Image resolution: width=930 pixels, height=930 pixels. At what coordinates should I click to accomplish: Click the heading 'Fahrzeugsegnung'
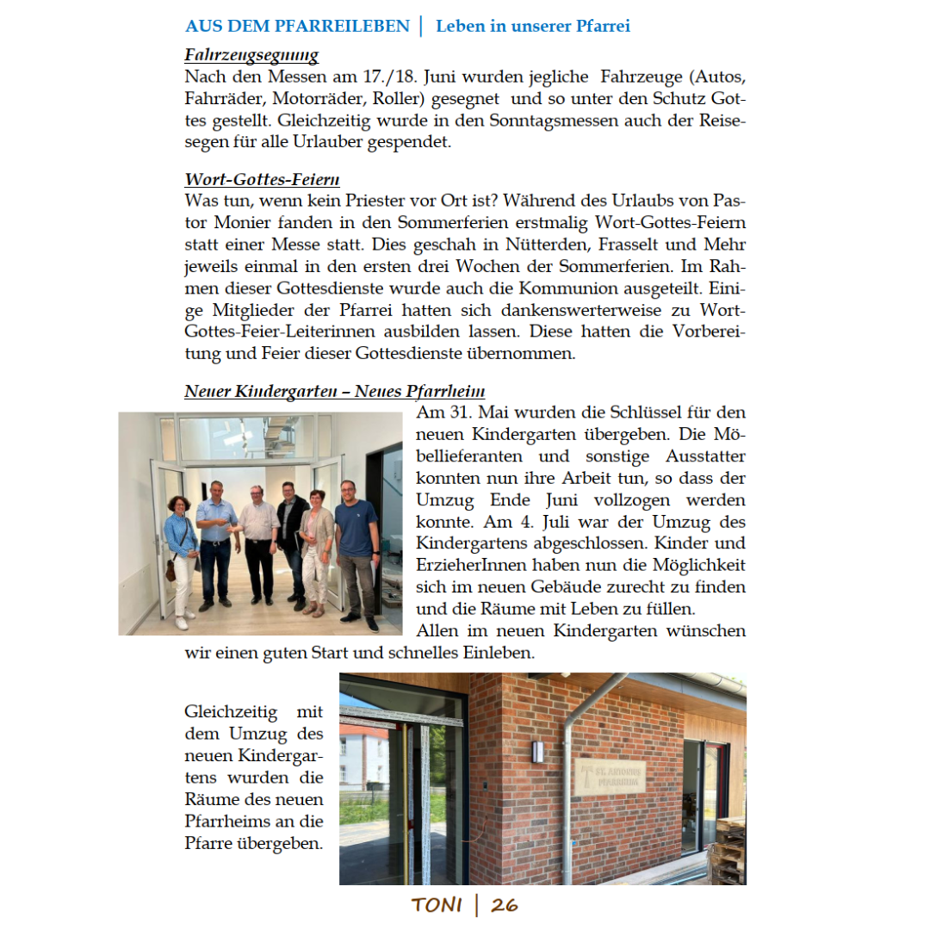251,56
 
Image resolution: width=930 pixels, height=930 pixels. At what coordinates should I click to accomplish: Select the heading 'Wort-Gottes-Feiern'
262,180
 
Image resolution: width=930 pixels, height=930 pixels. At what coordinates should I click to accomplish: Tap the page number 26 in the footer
505,905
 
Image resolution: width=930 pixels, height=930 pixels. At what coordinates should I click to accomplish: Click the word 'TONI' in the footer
437,905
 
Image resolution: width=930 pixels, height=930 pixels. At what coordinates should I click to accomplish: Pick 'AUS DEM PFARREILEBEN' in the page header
297,27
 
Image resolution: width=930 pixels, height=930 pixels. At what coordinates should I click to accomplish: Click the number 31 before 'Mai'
464,412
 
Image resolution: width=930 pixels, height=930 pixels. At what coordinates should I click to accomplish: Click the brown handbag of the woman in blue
171,569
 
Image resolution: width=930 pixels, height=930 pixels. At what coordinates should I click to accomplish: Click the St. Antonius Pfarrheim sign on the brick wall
609,776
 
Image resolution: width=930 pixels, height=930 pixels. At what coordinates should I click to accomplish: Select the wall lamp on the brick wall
537,751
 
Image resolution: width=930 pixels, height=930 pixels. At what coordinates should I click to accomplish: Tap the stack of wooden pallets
731,852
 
